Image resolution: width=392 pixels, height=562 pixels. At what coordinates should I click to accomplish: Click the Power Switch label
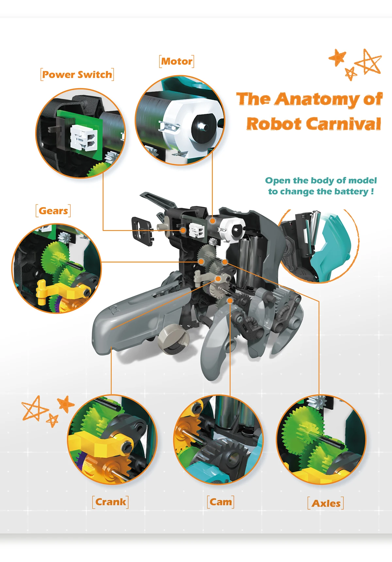77,74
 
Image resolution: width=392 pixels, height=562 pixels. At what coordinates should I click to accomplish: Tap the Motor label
177,61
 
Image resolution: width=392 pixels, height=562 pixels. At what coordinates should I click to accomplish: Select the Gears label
53,211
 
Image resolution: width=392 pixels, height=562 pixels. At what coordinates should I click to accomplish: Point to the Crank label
110,502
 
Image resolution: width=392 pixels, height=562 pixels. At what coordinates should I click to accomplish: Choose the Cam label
221,502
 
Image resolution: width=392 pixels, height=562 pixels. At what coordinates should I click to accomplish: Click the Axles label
326,503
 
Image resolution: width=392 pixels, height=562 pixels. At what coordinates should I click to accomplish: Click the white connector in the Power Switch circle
84,138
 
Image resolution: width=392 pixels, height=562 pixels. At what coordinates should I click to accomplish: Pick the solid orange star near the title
337,57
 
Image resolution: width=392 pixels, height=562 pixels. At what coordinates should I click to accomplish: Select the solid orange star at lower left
65,404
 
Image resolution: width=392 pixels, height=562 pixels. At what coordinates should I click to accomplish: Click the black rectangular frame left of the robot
142,230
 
